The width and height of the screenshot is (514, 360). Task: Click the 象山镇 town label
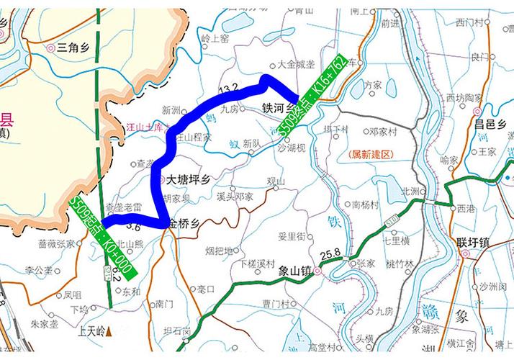click(x=294, y=271)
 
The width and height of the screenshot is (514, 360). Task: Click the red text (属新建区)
click(x=369, y=155)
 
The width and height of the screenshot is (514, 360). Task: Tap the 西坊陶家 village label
click(x=464, y=96)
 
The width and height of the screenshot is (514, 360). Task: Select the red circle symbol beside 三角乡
click(x=50, y=48)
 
